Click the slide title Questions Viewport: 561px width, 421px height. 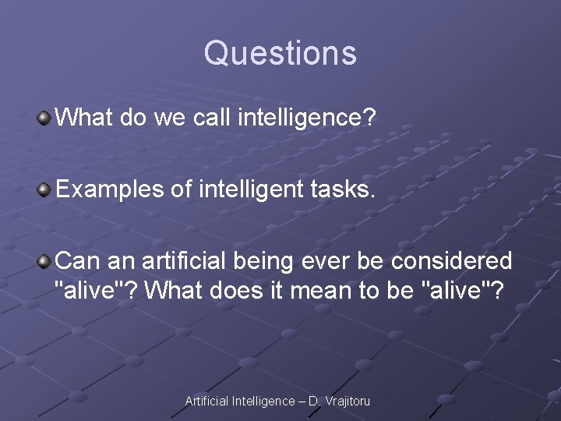(280, 54)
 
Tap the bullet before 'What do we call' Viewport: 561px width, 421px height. (45, 119)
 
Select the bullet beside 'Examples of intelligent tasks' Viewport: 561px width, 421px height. (45, 189)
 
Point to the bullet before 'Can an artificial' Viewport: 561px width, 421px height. (45, 260)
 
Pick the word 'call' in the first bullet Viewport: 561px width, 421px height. (213, 119)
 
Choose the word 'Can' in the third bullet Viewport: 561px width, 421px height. (76, 260)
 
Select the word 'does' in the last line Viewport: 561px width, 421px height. (235, 292)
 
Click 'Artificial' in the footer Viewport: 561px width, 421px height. (206, 401)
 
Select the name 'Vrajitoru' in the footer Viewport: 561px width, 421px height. (347, 401)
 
